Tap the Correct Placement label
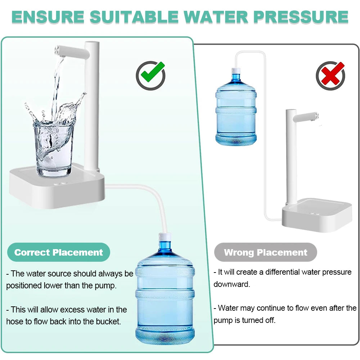tap(59, 252)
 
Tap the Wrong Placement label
tap(266, 252)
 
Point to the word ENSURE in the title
tap(48, 17)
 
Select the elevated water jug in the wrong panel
tap(236, 112)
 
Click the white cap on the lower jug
tap(165, 237)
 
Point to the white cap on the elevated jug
tap(236, 71)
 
